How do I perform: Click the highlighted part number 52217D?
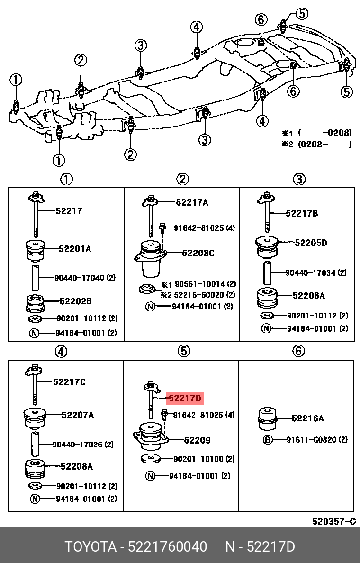pyautogui.click(x=185, y=398)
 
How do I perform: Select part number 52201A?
pyautogui.click(x=75, y=248)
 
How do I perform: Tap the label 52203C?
pyautogui.click(x=198, y=253)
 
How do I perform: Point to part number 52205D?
pyautogui.click(x=311, y=243)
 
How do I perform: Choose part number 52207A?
pyautogui.click(x=77, y=415)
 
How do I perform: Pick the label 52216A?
pyautogui.click(x=308, y=418)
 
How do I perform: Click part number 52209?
pyautogui.click(x=198, y=440)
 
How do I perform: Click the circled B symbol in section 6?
pyautogui.click(x=267, y=440)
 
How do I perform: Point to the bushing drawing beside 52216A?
pyautogui.click(x=267, y=418)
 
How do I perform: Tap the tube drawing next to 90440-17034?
pyautogui.click(x=268, y=273)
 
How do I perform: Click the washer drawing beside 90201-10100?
pyautogui.click(x=151, y=459)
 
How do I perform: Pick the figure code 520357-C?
pyautogui.click(x=333, y=521)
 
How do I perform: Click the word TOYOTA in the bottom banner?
pyautogui.click(x=90, y=547)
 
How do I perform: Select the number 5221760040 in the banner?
pyautogui.click(x=167, y=547)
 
